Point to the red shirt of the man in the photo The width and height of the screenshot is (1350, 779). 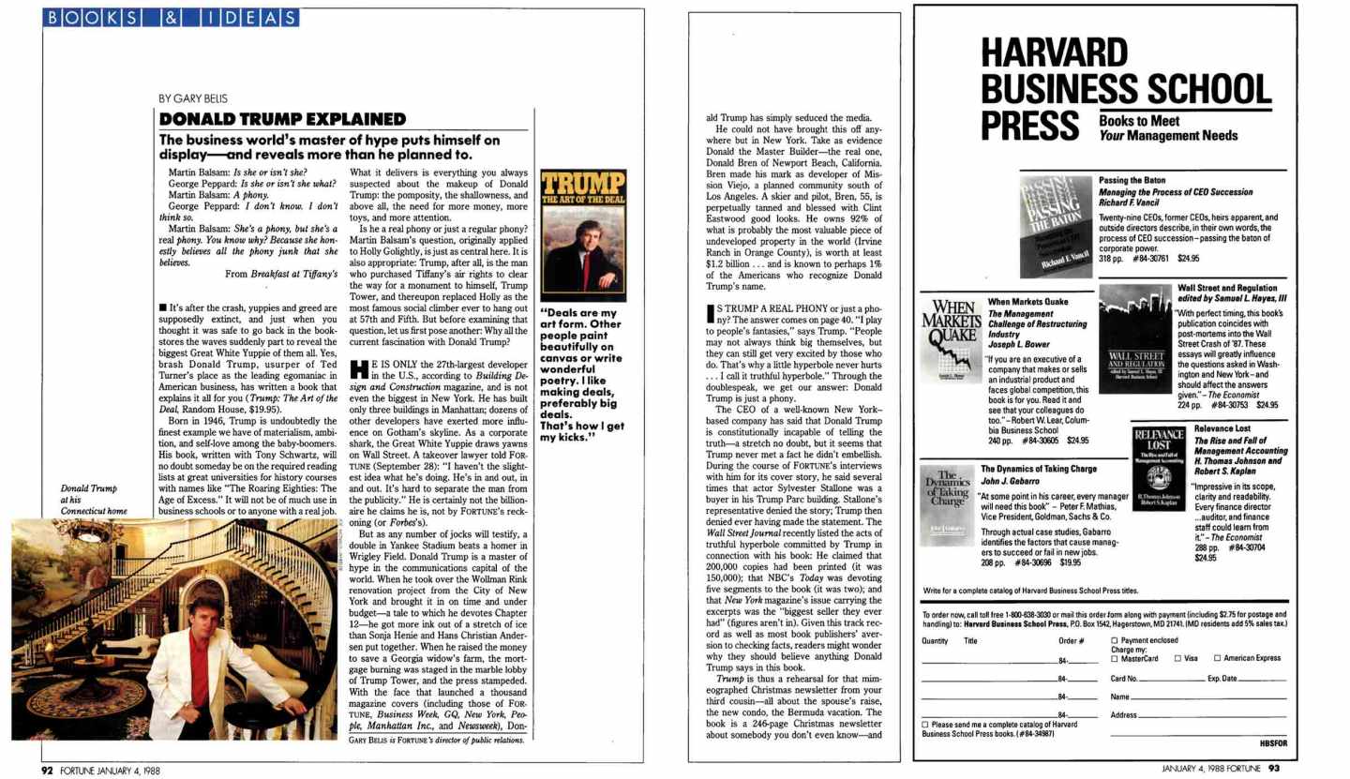coord(200,669)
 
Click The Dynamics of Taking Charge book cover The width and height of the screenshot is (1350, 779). coord(947,507)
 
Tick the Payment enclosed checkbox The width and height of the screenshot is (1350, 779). coord(1115,639)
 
